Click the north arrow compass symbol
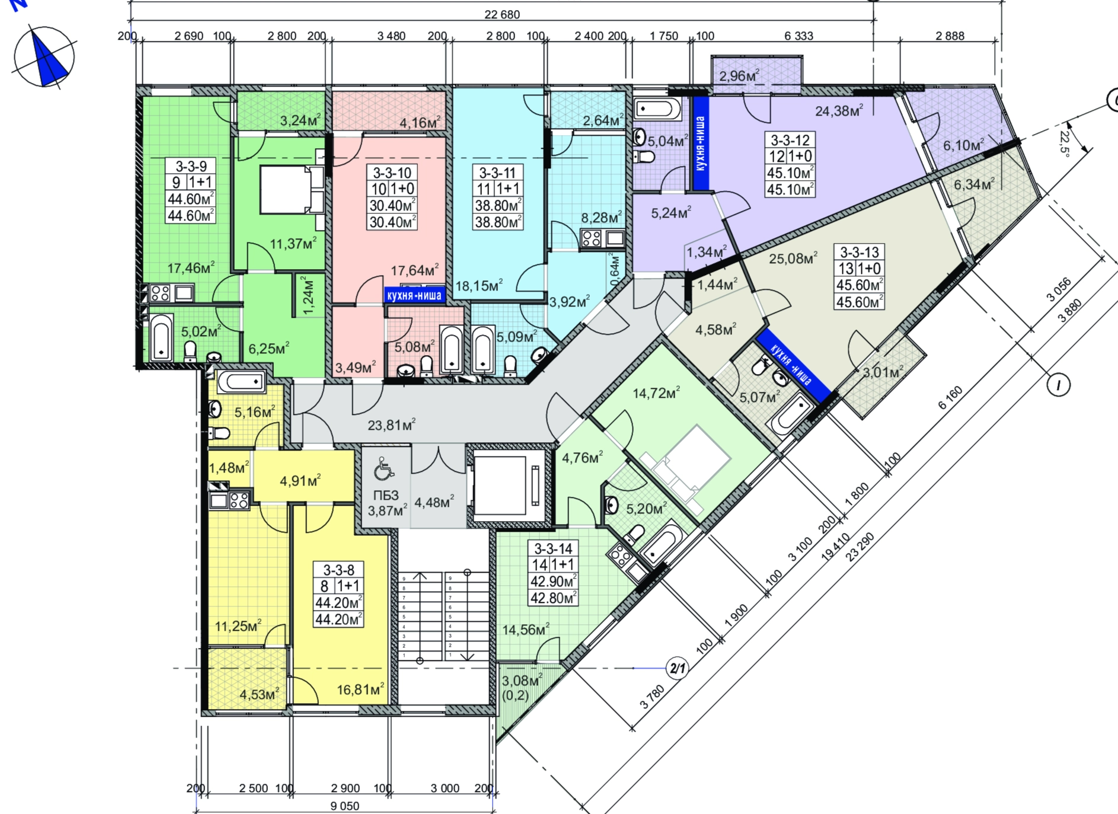click(x=44, y=57)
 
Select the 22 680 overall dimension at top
click(x=501, y=14)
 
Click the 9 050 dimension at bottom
click(x=344, y=806)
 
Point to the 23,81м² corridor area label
click(x=391, y=424)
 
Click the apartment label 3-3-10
click(x=392, y=173)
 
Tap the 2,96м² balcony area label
click(x=739, y=75)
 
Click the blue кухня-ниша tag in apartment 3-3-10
click(x=414, y=295)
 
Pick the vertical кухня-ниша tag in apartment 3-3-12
click(x=701, y=143)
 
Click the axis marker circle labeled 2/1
click(x=677, y=669)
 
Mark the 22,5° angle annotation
click(x=1065, y=142)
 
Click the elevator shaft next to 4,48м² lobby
click(x=507, y=487)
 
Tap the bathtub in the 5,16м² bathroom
click(x=241, y=381)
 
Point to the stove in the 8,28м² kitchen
click(x=592, y=238)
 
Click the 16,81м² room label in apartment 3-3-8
click(x=360, y=689)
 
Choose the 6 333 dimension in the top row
click(x=798, y=36)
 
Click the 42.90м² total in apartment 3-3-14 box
click(x=553, y=581)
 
